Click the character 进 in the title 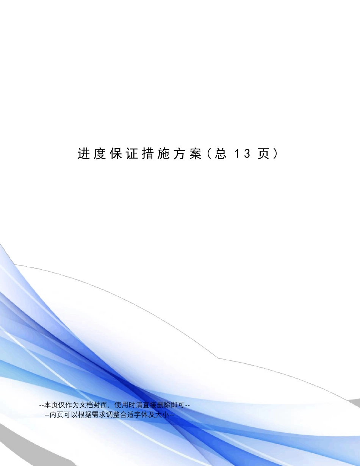pos(83,154)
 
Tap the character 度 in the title pos(99,154)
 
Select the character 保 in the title pos(115,154)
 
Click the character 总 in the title pos(221,154)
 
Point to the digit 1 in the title pos(237,154)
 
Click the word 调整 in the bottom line pos(108,414)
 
